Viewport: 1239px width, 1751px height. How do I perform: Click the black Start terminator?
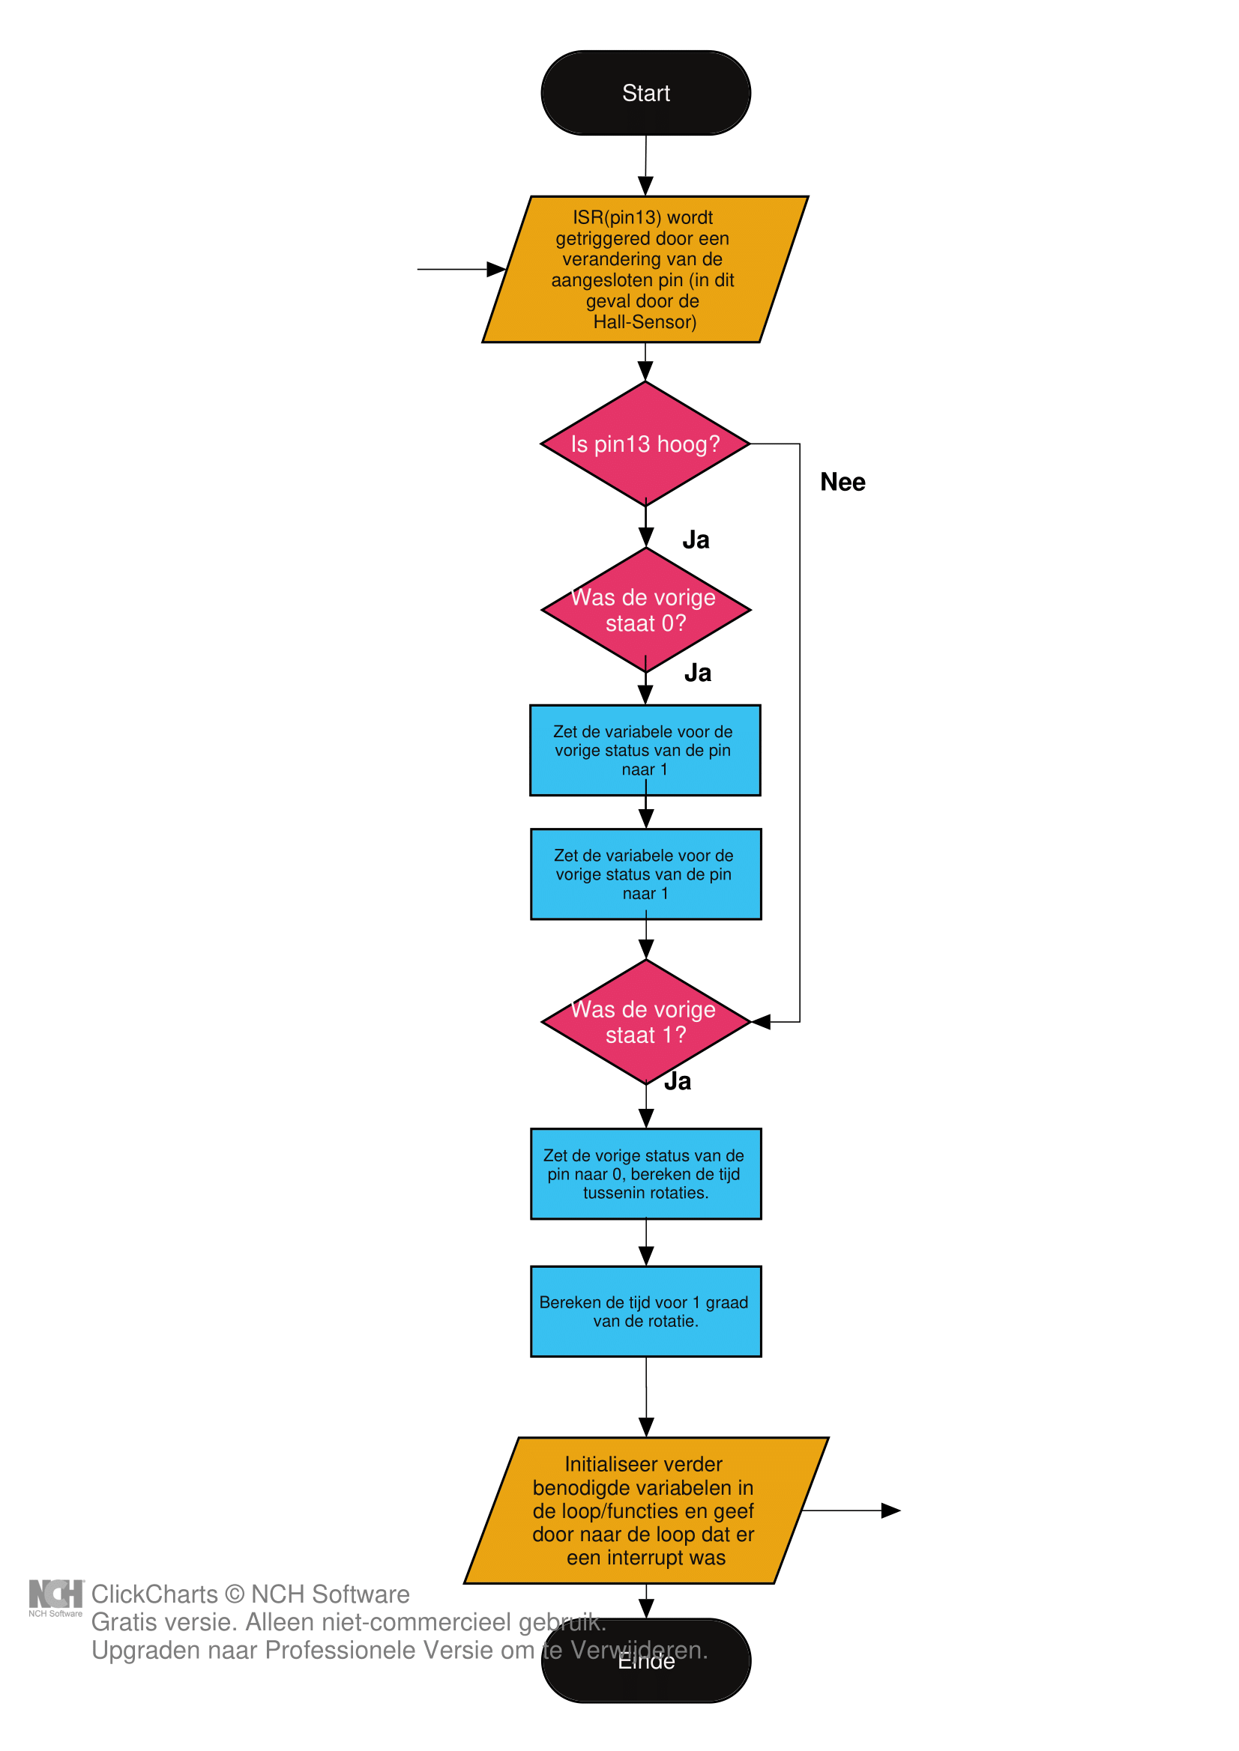tap(645, 93)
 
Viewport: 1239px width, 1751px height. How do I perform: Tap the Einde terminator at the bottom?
tap(645, 1670)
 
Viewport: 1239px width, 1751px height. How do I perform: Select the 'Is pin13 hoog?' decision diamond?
tap(645, 443)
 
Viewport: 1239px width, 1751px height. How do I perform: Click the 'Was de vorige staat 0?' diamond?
tap(645, 609)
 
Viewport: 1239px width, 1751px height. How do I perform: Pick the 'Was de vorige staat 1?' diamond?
tap(645, 1021)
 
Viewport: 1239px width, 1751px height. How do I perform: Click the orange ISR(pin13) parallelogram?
tap(645, 269)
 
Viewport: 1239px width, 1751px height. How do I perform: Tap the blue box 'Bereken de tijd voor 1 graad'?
tap(645, 1311)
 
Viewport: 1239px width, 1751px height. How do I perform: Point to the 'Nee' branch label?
tap(842, 482)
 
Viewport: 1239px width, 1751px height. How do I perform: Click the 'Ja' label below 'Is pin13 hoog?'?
tap(696, 540)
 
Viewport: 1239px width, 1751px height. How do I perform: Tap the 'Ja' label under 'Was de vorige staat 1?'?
tap(678, 1081)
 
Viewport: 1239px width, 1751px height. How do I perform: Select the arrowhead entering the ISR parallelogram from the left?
tap(497, 269)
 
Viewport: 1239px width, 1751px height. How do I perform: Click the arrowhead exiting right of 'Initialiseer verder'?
tap(891, 1510)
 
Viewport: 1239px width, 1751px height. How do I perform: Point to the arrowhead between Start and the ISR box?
tap(645, 186)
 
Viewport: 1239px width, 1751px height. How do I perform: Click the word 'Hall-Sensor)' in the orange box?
tap(645, 322)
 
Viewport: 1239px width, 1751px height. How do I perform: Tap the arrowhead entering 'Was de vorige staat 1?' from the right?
tap(762, 1022)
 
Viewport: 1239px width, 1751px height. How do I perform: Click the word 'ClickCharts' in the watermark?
tap(154, 1594)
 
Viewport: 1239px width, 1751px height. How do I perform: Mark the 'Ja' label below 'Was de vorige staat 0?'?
tap(697, 673)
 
